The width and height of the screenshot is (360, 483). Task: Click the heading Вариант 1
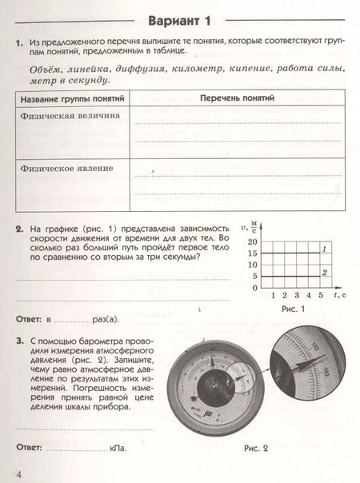point(181,20)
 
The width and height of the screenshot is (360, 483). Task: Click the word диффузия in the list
point(135,70)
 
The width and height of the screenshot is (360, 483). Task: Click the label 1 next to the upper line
point(324,251)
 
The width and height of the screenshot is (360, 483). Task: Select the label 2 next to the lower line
point(324,273)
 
